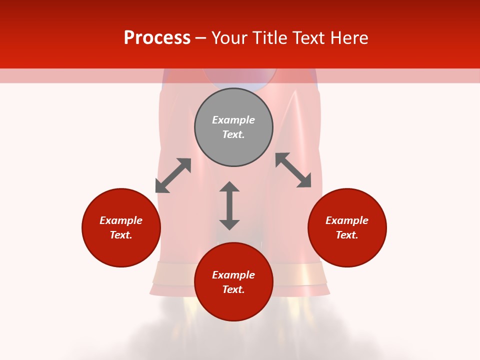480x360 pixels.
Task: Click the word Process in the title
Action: (x=157, y=38)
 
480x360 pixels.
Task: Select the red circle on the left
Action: (x=121, y=250)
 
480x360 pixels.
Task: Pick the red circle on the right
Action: (x=347, y=250)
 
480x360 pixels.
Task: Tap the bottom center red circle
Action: (x=233, y=305)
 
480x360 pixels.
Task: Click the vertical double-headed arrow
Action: (x=229, y=205)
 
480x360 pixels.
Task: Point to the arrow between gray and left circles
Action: (x=173, y=175)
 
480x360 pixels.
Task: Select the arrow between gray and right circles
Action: (x=293, y=170)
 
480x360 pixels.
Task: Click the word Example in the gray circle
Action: (x=233, y=120)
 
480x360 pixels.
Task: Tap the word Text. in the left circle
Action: (x=121, y=235)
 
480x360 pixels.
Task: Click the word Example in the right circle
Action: (x=347, y=220)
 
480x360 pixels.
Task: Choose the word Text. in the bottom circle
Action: (x=233, y=289)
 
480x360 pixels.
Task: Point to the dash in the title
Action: (x=200, y=38)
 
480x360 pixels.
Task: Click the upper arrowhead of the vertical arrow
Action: (x=229, y=186)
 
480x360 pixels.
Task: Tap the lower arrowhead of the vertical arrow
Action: (x=229, y=224)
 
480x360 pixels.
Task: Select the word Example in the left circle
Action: (x=121, y=220)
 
